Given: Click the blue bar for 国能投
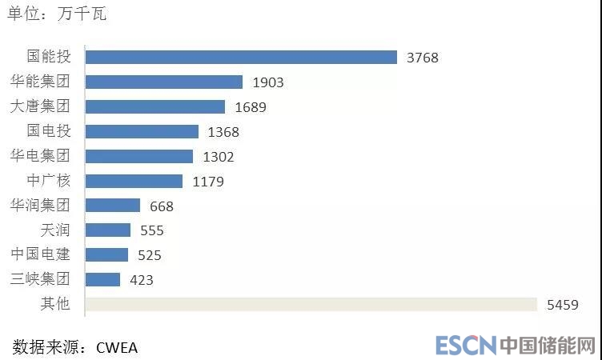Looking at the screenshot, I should tap(241, 58).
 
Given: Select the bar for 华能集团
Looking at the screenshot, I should tap(163, 82).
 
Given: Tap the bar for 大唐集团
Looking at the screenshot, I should tap(155, 106).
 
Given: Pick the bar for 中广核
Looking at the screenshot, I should tap(134, 181).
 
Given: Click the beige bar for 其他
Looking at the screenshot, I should tap(311, 304).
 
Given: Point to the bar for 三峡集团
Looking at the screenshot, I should tap(102, 279).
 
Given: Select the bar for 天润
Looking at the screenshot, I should tap(107, 230).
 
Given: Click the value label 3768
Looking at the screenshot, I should tap(423, 58).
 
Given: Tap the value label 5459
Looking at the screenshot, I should tap(562, 305).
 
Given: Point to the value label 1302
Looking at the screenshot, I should tap(219, 157).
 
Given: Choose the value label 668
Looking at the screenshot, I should tap(162, 206).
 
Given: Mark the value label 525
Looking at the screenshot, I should tap(149, 255).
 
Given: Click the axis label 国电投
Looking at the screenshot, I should tap(49, 131).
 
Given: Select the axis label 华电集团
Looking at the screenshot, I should tap(40, 156).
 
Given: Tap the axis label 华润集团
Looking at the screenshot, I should tap(40, 206).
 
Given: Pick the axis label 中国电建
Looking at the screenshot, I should tap(40, 254).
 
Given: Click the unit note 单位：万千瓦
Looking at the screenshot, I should tap(57, 14).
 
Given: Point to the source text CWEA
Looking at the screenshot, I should tap(117, 347).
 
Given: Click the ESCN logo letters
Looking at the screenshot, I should tap(466, 346).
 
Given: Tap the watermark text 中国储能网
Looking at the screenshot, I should tap(548, 346).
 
